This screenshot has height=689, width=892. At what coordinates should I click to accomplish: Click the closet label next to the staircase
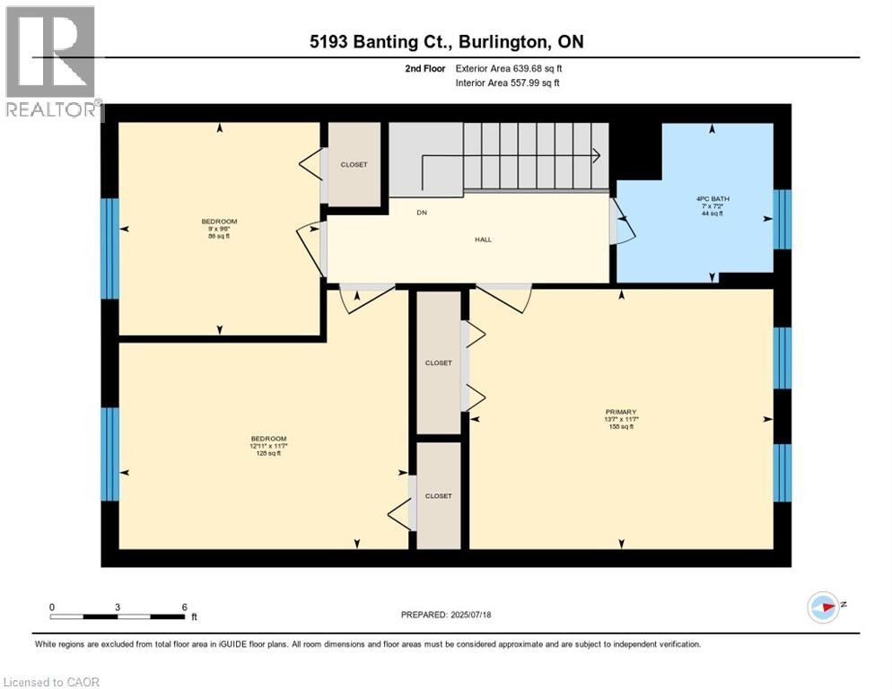[x=354, y=165]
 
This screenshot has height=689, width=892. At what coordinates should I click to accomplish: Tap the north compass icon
[x=823, y=606]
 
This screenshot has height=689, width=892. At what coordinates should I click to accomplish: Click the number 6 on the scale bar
[x=184, y=606]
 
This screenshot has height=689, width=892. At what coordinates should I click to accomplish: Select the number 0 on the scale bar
[x=52, y=606]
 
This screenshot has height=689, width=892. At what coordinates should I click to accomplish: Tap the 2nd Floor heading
[x=425, y=67]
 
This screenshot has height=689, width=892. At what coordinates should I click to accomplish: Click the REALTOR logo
[x=51, y=63]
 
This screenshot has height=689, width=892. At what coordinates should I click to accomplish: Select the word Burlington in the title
[x=513, y=42]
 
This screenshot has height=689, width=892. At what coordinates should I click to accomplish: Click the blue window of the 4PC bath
[x=783, y=219]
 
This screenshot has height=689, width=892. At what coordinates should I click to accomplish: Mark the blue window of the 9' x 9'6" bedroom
[x=109, y=249]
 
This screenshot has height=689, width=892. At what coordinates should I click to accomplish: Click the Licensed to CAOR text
[x=51, y=682]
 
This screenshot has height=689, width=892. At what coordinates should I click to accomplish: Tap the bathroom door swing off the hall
[x=623, y=222]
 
